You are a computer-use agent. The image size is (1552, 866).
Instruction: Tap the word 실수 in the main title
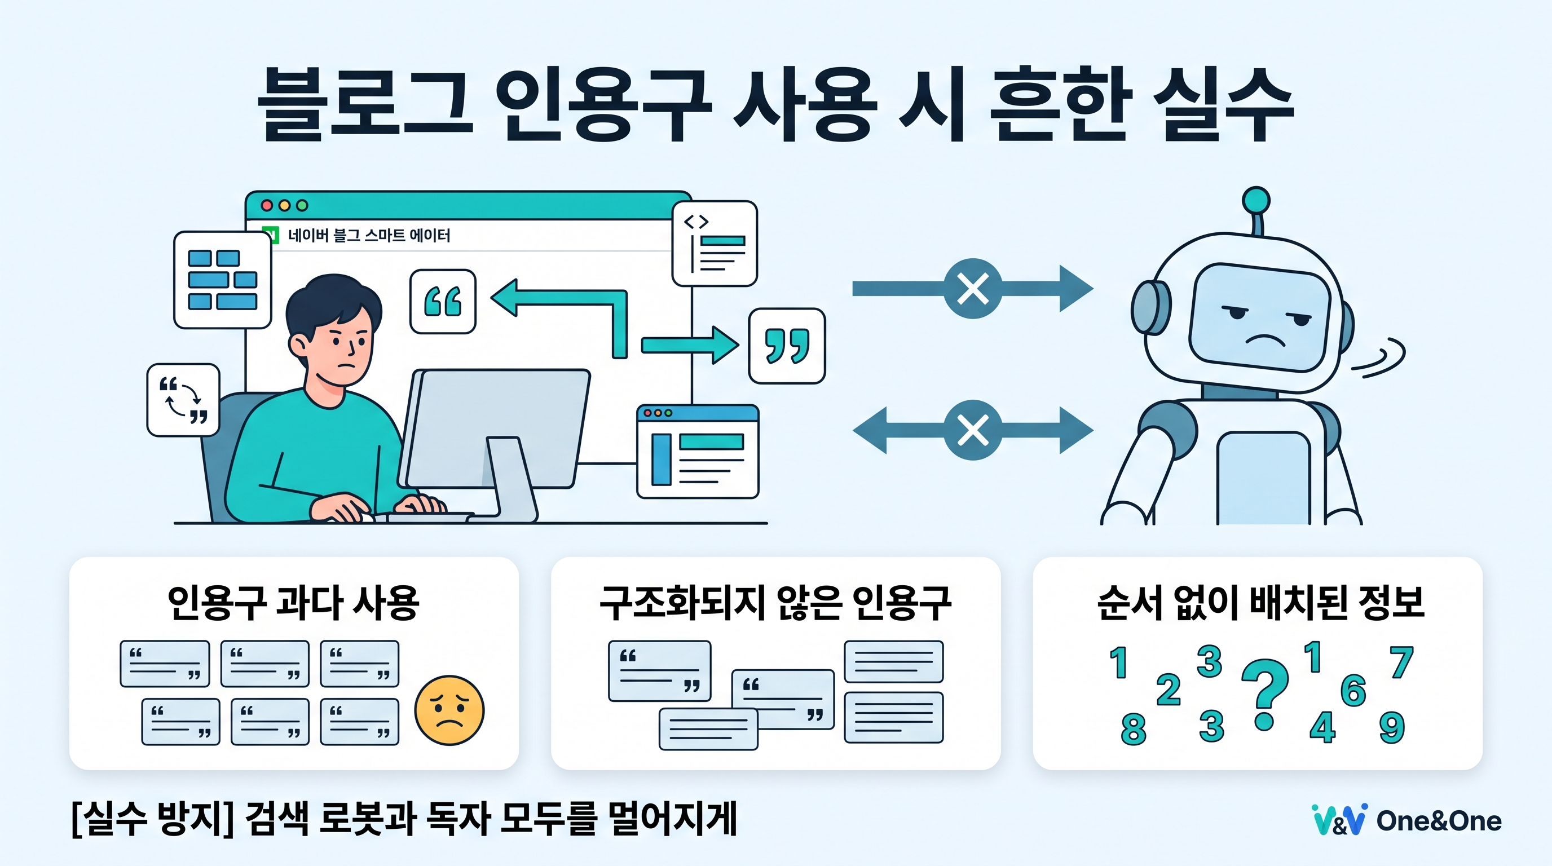tap(1223, 104)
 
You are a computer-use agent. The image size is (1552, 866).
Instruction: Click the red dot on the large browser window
tap(267, 205)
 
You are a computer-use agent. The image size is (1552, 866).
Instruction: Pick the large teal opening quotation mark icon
tap(443, 301)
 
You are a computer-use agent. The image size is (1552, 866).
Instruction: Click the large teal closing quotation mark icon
tap(787, 346)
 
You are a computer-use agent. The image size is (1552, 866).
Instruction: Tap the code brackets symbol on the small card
tap(696, 222)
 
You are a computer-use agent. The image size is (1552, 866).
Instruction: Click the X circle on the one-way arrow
tap(973, 289)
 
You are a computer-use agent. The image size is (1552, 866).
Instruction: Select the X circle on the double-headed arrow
tap(973, 430)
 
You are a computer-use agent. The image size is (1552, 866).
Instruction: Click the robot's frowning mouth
tap(1264, 342)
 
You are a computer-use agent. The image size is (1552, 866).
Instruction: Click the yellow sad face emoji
tap(449, 710)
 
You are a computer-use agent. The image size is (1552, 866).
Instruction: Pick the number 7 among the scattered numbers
tap(1402, 662)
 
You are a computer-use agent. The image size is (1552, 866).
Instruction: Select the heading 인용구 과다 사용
tap(293, 602)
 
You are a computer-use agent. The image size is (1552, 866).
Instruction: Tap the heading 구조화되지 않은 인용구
tap(775, 602)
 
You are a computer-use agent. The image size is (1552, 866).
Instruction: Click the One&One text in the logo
tap(1439, 821)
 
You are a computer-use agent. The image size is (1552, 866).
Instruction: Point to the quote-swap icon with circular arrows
tap(183, 400)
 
